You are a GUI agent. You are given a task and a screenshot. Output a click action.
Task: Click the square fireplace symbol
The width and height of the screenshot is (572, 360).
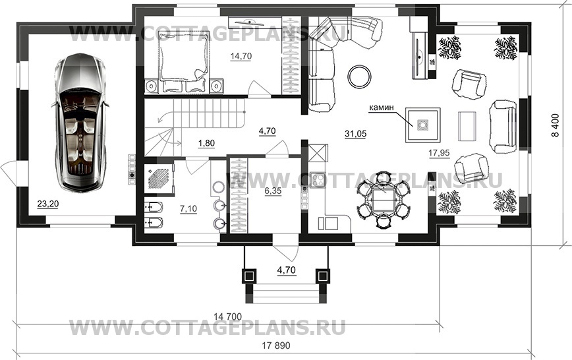(x=420, y=123)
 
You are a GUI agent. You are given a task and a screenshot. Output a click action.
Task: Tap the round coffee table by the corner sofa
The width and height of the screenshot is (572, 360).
(x=360, y=75)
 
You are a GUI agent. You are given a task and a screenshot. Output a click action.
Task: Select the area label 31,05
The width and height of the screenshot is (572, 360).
(x=355, y=133)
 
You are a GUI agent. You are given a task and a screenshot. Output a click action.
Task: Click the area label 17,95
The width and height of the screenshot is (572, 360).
(x=418, y=154)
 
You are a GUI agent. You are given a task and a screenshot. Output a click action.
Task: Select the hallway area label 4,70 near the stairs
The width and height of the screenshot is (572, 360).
(x=267, y=131)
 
